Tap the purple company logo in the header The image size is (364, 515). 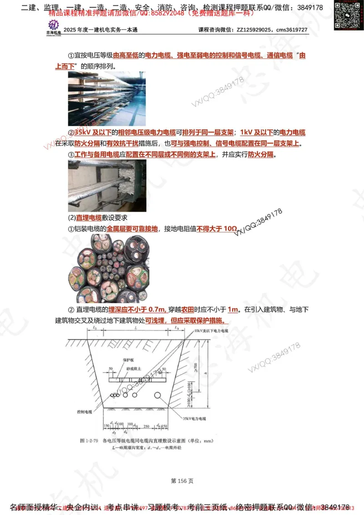click(54, 26)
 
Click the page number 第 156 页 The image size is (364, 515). click(182, 480)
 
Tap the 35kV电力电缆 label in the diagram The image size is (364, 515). click(194, 418)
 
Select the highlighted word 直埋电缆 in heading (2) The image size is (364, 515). click(89, 218)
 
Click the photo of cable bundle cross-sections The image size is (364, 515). click(109, 268)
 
